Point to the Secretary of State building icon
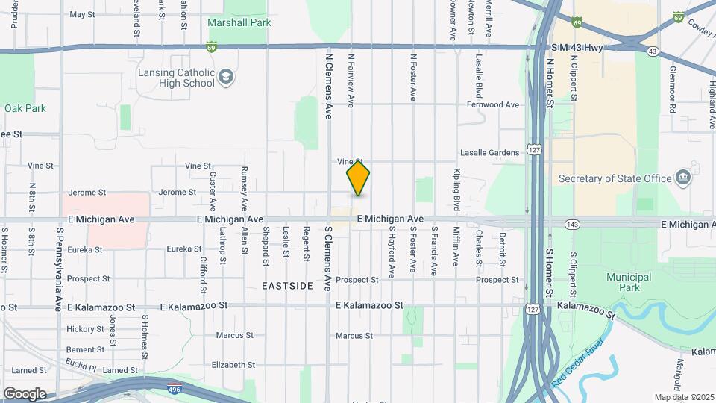[x=682, y=178]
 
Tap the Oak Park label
[x=25, y=108]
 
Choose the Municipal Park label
[x=629, y=281]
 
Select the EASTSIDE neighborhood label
[x=287, y=286]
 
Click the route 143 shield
[x=572, y=224]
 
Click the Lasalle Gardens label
[x=490, y=153]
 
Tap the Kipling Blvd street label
[x=456, y=190]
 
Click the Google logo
[x=25, y=393]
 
